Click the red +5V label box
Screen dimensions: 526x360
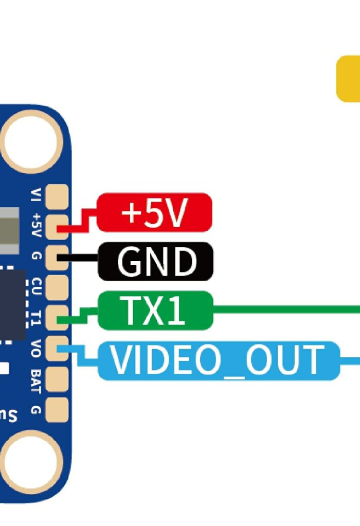tap(154, 212)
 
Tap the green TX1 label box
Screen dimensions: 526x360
tap(155, 310)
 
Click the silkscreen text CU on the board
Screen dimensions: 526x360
tap(36, 286)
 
